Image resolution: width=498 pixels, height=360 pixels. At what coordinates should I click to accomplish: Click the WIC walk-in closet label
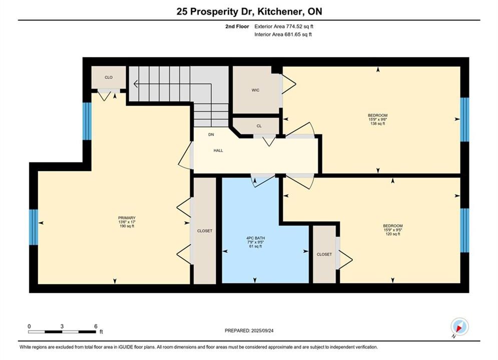255,90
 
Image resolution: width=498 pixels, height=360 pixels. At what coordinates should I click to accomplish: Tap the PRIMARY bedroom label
127,218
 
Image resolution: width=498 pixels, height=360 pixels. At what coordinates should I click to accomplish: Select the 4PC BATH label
255,238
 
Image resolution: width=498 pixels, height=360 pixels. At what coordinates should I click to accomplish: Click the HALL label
218,150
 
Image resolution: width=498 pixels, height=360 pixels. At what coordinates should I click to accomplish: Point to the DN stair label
211,134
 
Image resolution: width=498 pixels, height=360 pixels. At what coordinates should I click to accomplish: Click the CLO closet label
109,77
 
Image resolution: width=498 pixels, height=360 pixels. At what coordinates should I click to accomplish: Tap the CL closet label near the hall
259,126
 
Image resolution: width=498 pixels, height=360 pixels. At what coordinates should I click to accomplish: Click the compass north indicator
459,326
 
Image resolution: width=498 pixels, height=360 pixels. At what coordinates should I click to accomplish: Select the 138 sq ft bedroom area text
377,123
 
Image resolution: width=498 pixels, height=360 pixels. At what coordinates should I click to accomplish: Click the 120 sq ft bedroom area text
393,234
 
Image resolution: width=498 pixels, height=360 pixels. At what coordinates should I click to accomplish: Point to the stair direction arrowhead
136,83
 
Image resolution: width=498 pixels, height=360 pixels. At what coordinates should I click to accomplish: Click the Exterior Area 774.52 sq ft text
284,26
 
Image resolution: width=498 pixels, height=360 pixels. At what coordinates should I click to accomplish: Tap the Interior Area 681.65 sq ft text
283,34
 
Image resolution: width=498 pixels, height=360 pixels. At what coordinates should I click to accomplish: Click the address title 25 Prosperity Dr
207,11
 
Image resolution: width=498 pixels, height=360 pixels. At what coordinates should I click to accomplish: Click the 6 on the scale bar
96,326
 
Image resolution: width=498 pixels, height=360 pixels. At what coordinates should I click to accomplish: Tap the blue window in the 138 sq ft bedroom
464,119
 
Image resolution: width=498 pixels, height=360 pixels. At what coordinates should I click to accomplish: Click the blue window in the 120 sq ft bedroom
464,230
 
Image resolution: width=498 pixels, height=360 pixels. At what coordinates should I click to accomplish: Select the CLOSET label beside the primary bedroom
205,231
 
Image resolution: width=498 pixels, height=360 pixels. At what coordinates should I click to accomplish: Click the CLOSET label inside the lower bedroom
324,254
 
